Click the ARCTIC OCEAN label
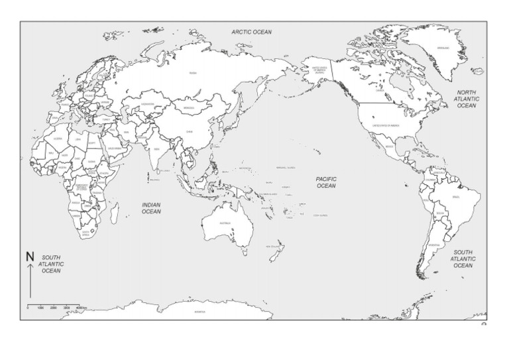(x=253, y=31)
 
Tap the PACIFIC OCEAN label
(x=326, y=182)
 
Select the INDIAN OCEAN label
(x=151, y=208)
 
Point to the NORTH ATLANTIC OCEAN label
(x=467, y=98)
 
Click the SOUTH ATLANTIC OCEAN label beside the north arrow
(x=52, y=263)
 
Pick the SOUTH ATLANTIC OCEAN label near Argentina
(x=463, y=259)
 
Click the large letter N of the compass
(x=29, y=257)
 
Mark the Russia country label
(x=193, y=73)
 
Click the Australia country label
(x=225, y=223)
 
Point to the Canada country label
(x=380, y=91)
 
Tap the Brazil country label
(x=455, y=197)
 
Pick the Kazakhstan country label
(x=148, y=103)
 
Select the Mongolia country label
(x=189, y=108)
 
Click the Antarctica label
(x=199, y=311)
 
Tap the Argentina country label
(x=433, y=245)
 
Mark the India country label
(x=157, y=149)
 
